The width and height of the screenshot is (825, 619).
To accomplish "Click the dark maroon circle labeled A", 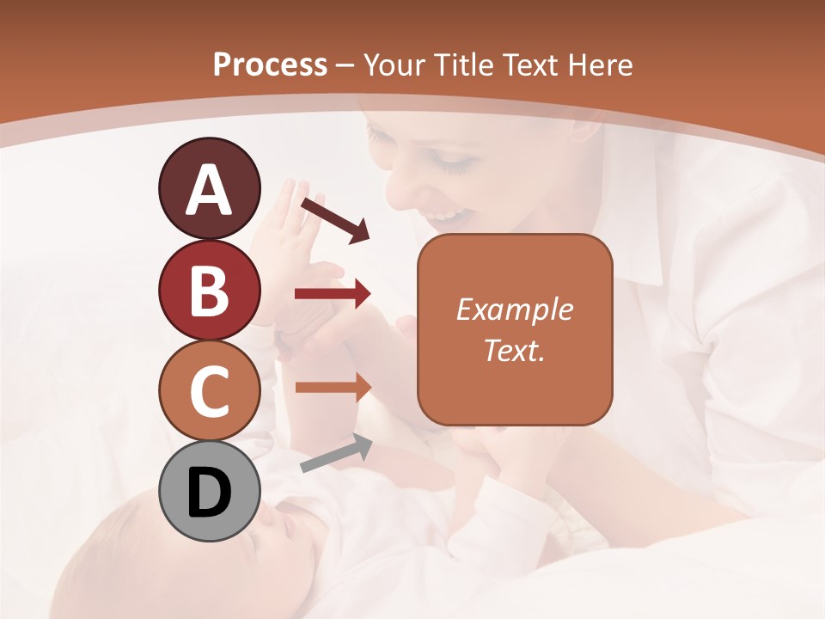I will pos(209,189).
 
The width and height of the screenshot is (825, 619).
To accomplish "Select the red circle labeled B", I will pos(209,290).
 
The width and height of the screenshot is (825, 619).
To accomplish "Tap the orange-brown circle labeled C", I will pos(209,390).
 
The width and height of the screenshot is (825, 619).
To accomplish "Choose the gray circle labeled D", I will pos(209,491).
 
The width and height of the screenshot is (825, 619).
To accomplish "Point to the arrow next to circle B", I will pos(333,294).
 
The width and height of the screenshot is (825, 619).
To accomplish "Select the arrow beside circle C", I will pos(333,387).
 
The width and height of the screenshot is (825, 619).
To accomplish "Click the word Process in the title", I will pos(270,64).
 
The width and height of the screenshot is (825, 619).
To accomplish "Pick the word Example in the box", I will pos(515,309).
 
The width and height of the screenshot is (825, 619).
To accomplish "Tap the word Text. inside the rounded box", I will pos(515,350).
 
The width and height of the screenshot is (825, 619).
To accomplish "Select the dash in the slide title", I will pos(345,65).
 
